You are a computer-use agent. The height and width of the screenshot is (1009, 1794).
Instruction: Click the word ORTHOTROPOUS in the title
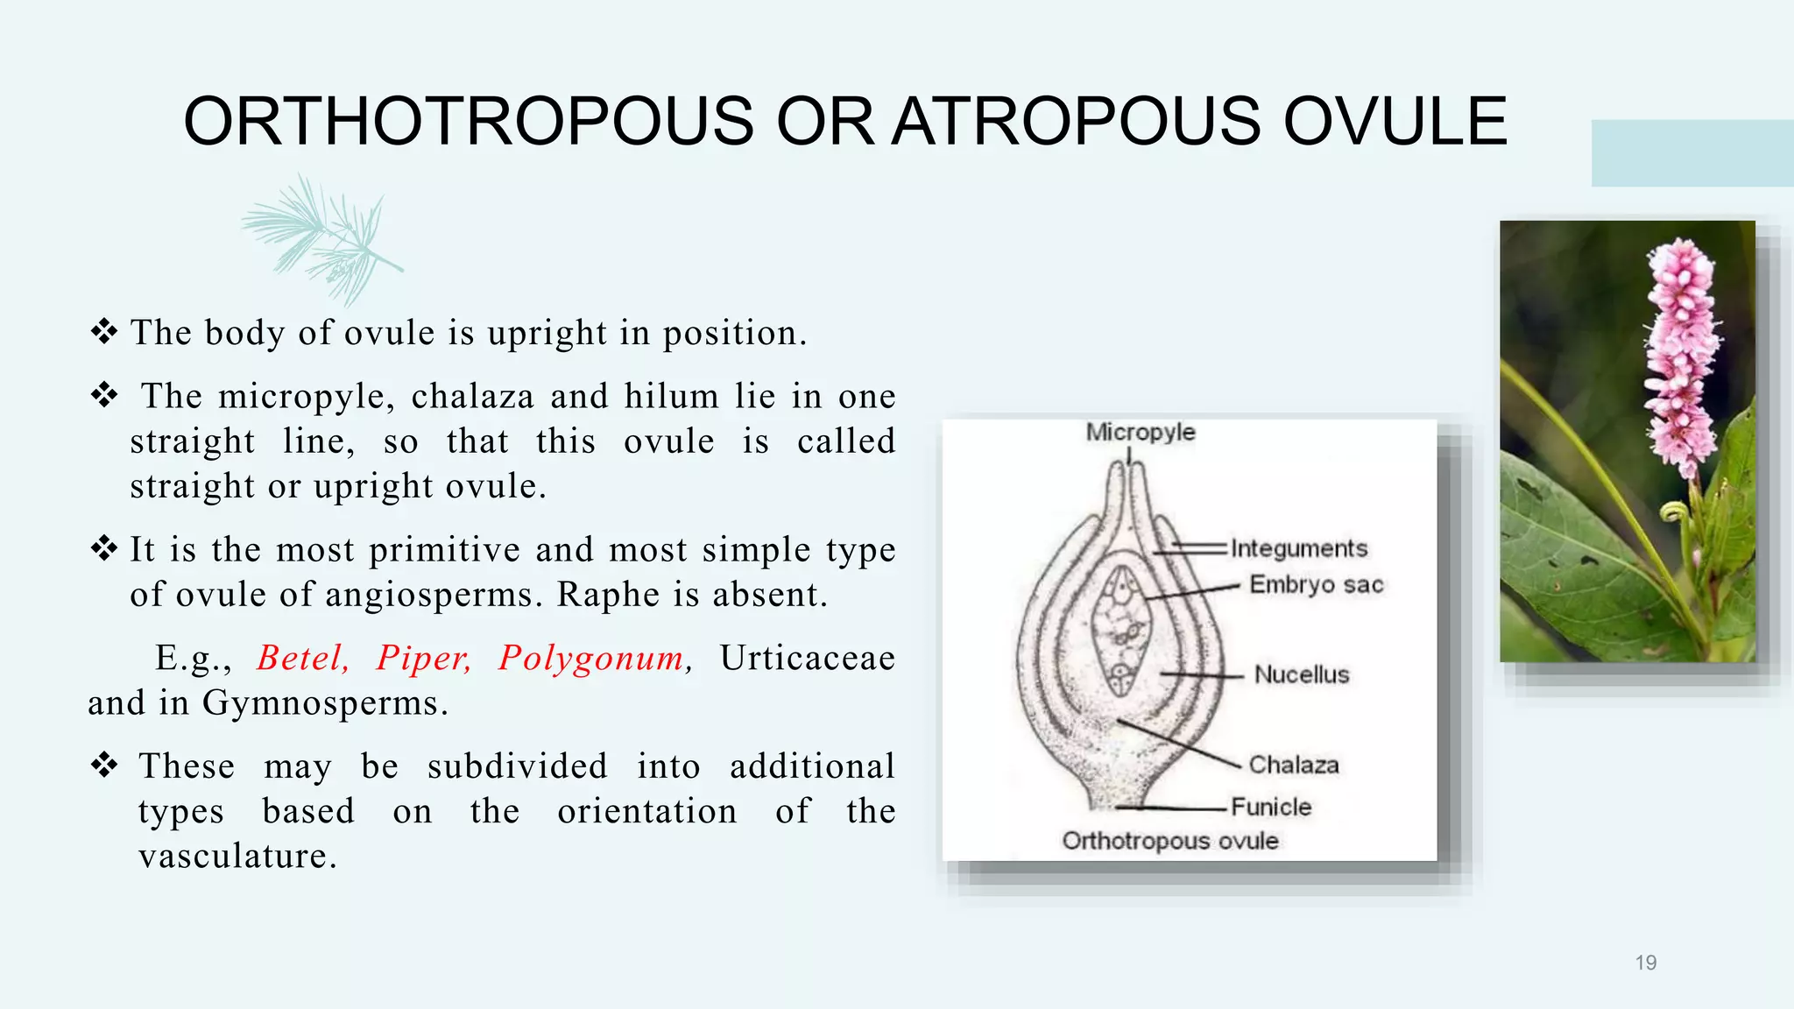(468, 122)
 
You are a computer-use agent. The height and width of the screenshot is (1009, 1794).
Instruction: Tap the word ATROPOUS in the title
(1077, 122)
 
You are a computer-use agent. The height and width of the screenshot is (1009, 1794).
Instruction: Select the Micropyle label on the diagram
(1140, 432)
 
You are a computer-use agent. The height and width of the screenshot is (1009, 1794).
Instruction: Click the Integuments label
(1298, 548)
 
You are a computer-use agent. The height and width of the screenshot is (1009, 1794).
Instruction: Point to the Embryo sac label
(1316, 584)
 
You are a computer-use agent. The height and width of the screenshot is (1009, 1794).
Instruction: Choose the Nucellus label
(1302, 674)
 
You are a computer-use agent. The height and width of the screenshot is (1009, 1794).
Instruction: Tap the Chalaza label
(1294, 765)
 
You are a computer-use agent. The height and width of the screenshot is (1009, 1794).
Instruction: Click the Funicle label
(1271, 807)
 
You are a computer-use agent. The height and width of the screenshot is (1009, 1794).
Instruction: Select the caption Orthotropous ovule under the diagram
(1170, 841)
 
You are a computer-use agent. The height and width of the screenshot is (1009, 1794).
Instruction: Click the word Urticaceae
(807, 658)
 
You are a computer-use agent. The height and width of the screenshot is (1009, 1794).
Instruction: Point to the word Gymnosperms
(324, 703)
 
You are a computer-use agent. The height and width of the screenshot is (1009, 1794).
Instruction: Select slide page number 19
(1645, 963)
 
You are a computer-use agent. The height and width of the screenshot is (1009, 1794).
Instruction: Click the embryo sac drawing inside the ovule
(1120, 631)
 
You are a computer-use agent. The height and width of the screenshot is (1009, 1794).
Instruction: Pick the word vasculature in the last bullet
(237, 856)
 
